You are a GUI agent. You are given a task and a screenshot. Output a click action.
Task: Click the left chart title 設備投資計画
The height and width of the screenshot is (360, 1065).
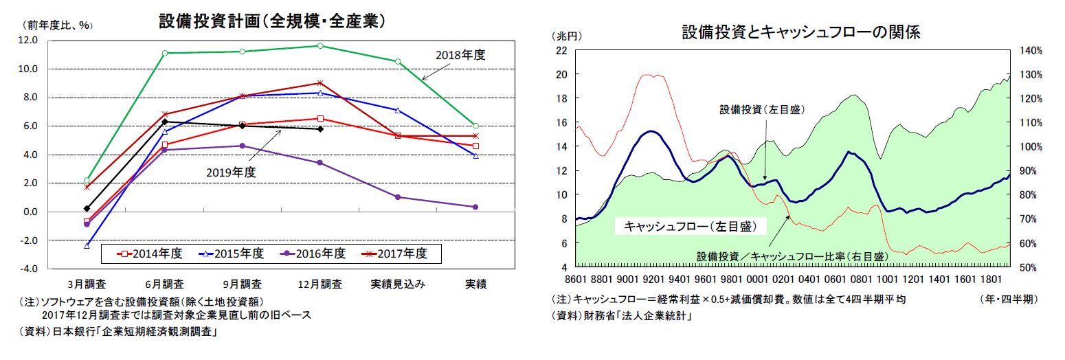click(271, 21)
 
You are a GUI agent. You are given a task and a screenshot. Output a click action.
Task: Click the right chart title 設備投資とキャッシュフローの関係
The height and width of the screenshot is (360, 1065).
click(800, 32)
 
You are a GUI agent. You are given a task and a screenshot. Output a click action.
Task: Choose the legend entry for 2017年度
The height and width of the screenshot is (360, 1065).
click(395, 254)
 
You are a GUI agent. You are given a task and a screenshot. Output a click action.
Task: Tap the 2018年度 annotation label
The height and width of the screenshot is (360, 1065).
click(460, 55)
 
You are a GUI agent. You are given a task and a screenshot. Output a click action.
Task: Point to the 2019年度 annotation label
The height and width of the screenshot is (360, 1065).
click(231, 172)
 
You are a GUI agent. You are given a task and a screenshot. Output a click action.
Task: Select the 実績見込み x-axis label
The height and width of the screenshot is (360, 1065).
click(398, 283)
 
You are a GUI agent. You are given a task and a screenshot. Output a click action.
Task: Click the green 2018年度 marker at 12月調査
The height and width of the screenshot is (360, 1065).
click(319, 46)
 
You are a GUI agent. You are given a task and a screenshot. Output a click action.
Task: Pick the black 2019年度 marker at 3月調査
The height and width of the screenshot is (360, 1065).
click(87, 208)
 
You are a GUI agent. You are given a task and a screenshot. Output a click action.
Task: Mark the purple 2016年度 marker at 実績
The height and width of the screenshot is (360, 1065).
click(475, 207)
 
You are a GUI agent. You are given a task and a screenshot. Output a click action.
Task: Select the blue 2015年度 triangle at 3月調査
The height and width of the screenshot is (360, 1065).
click(87, 245)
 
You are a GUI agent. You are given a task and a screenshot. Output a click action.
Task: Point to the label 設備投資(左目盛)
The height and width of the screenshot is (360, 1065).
click(762, 109)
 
